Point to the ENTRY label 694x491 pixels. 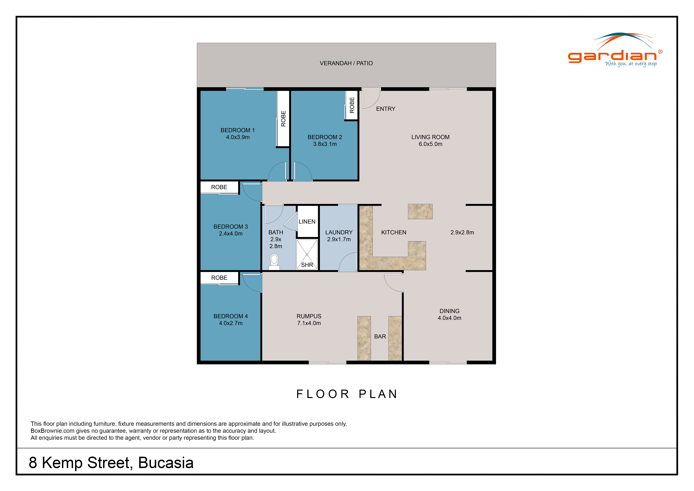click(386, 109)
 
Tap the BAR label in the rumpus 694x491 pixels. click(380, 337)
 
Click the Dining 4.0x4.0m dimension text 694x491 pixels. click(449, 318)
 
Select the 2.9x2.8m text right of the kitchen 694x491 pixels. click(462, 232)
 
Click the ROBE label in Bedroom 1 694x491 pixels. click(283, 118)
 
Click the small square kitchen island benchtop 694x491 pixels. click(420, 211)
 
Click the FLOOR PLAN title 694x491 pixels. click(347, 394)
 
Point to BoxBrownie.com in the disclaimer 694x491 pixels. click(53, 431)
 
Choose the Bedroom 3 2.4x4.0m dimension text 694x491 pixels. click(231, 234)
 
